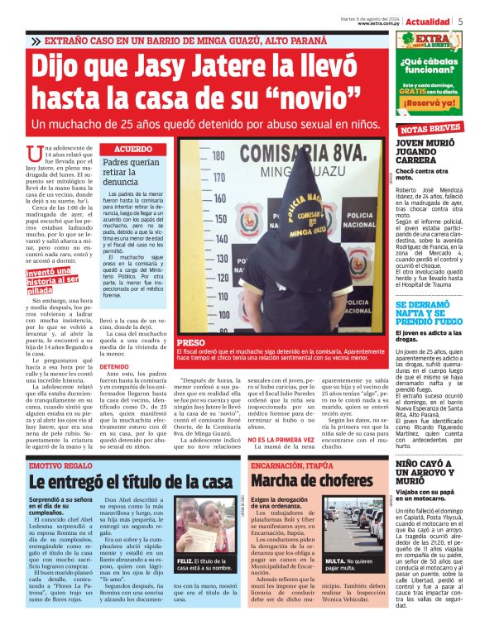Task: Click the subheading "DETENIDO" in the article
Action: pyautogui.click(x=114, y=367)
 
